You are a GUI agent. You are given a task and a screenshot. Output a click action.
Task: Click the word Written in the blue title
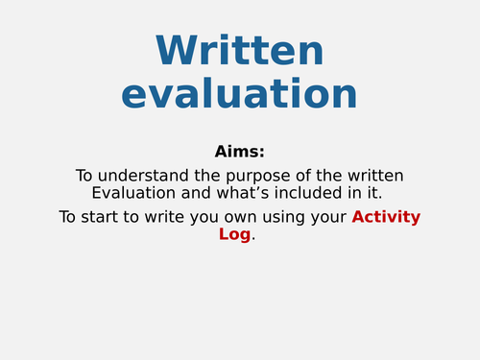(x=239, y=51)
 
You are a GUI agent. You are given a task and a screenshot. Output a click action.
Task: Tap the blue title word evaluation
(x=239, y=94)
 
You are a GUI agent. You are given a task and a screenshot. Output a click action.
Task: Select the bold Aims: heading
(x=239, y=152)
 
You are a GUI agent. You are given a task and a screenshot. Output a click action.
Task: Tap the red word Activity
(x=386, y=217)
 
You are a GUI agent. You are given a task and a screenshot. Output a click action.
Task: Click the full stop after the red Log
(x=253, y=238)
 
